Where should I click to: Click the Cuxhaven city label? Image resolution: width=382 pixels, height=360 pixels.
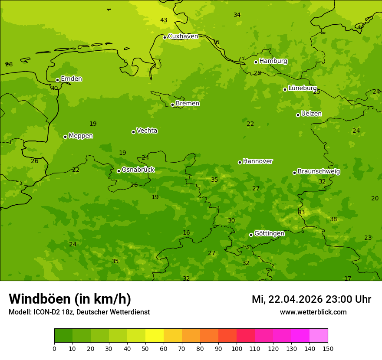[x=183, y=36]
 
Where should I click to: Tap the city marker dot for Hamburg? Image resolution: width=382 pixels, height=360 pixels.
[x=256, y=62]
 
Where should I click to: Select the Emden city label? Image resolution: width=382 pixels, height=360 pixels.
[x=71, y=79]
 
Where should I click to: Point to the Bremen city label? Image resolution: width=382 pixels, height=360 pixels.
[x=187, y=104]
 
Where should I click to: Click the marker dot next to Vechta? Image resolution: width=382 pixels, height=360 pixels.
[x=133, y=132]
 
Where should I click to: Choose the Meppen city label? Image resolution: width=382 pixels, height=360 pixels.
[x=80, y=136]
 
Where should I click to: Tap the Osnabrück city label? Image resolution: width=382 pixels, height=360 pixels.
[x=138, y=170]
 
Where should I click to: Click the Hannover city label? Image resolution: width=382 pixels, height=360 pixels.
[x=257, y=161]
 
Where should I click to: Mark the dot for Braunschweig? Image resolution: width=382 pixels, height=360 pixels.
[x=294, y=173]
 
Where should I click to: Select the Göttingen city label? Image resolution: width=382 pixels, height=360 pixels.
[x=269, y=233]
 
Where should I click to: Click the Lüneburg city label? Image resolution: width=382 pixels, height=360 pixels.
[x=302, y=88]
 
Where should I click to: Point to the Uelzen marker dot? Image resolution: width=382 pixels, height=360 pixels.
[x=298, y=115]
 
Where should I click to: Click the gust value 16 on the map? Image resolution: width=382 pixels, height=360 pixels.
[x=186, y=233]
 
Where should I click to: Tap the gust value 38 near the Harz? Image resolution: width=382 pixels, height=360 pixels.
[x=333, y=219]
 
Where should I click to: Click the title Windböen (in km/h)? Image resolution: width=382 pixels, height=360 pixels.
[x=70, y=299]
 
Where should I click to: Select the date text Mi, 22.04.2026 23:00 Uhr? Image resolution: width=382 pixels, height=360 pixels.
[x=311, y=299]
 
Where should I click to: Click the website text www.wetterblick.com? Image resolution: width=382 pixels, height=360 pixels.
[x=313, y=312]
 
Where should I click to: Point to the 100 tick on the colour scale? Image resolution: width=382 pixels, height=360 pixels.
[x=237, y=348]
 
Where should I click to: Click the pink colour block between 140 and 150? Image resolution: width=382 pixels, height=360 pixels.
[x=319, y=336]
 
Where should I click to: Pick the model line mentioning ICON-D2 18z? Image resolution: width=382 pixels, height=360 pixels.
[x=79, y=312]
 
